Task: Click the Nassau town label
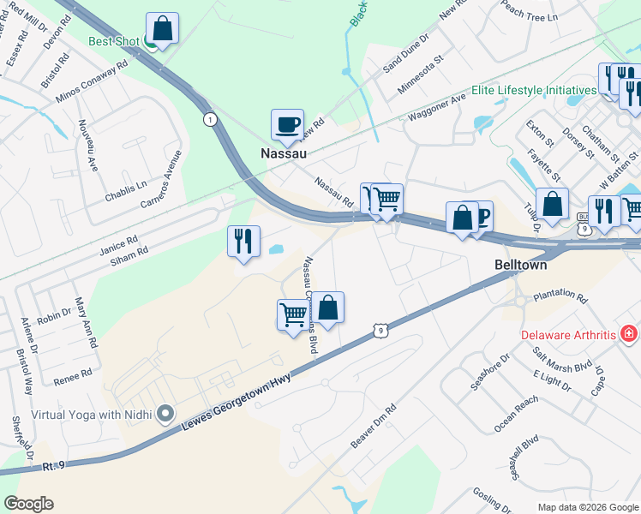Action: [283, 154]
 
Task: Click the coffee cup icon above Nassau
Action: [286, 124]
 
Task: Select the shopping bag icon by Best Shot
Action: [162, 28]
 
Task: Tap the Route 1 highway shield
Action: [210, 120]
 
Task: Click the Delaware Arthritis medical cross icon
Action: [628, 332]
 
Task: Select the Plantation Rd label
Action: [560, 299]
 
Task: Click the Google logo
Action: [28, 504]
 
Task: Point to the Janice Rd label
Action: [118, 243]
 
